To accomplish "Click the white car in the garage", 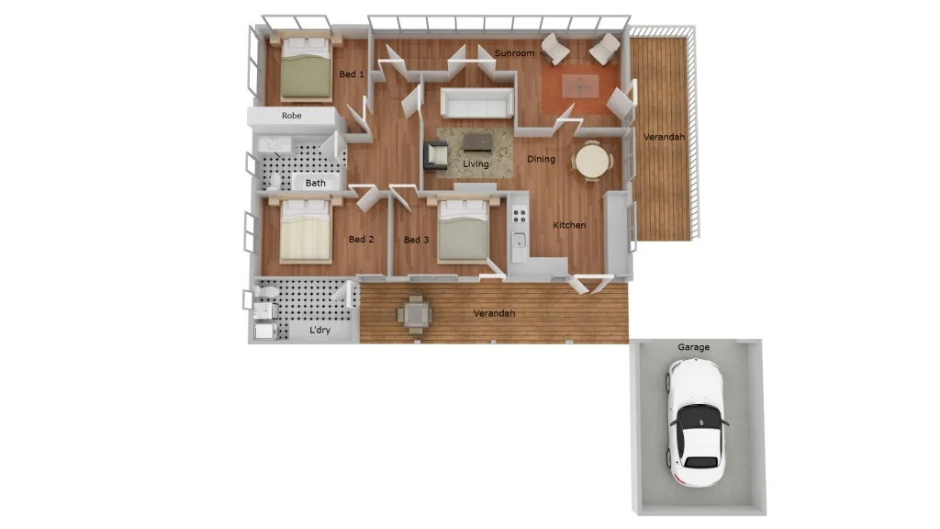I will coord(699,423).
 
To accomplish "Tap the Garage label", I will coord(693,348).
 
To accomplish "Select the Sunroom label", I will coord(514,53).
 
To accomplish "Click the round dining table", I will coord(592,162).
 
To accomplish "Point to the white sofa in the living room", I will coord(476,103).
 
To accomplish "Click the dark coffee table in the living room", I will coord(477,141).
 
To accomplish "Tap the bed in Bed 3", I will coord(463,231).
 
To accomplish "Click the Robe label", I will coord(292,116).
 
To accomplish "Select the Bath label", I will coord(316,183).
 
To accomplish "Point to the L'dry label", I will coord(319,330).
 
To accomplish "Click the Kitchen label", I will coord(569,225).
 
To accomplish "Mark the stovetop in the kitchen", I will coord(520,217).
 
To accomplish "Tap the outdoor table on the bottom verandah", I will coord(415,315).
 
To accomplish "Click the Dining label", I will coord(541,159).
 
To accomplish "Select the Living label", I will coord(476,164).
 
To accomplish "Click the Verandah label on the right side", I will coord(663,137).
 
